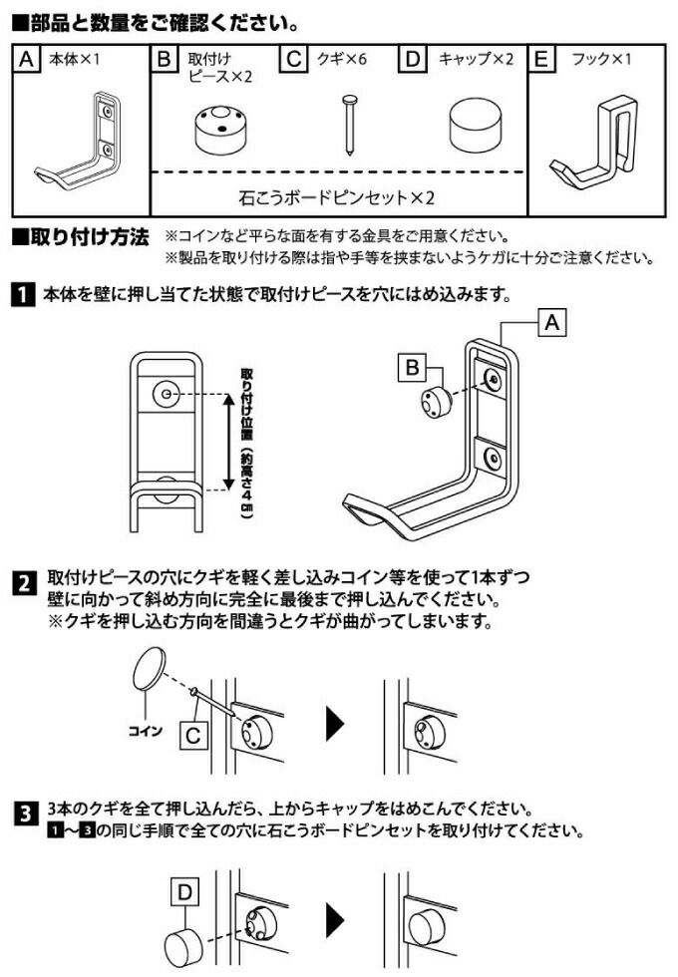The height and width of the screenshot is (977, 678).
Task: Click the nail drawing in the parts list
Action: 350,125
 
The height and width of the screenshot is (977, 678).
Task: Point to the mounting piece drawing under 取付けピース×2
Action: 218,128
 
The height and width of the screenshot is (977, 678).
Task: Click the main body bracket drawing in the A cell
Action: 85,145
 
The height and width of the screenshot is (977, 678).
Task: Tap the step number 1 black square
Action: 21,296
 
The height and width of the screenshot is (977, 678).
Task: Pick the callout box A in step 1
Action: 552,323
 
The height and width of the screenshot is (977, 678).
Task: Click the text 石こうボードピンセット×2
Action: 338,197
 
